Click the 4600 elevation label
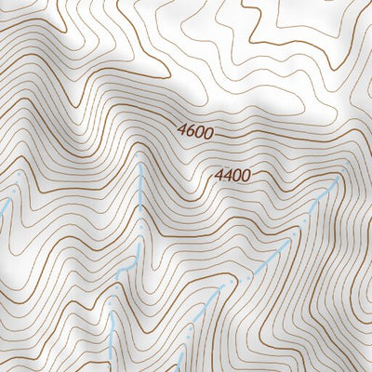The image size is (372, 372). (x=195, y=133)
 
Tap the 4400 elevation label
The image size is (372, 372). (x=232, y=174)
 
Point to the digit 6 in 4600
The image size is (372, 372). (x=190, y=133)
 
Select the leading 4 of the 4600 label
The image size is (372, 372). (x=181, y=132)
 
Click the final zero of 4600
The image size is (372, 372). (x=209, y=135)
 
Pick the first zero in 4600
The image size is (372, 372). (x=199, y=134)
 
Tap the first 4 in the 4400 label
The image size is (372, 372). (x=219, y=173)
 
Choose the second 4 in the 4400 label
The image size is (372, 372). (x=228, y=174)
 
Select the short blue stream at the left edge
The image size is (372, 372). (x=7, y=200)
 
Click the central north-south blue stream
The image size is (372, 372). (x=139, y=214)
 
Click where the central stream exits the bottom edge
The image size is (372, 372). (x=109, y=369)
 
